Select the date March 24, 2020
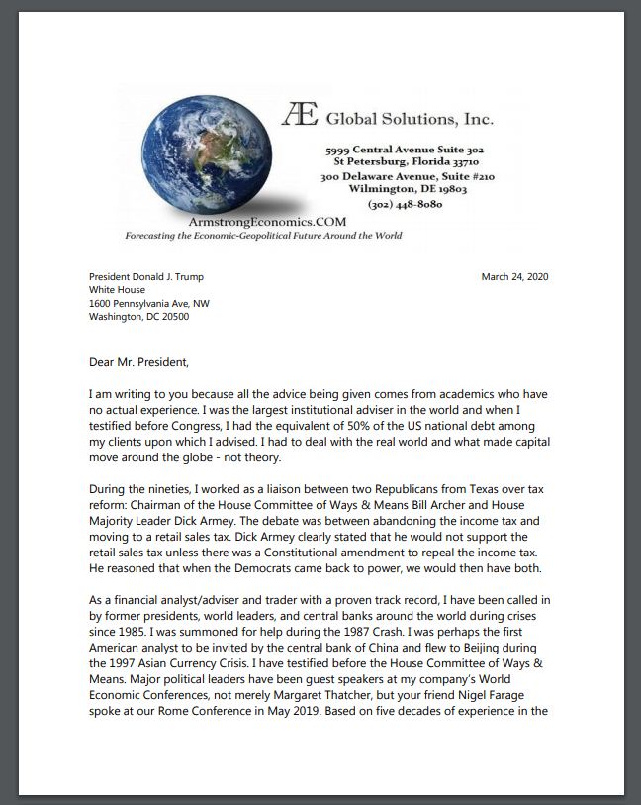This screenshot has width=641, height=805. (514, 276)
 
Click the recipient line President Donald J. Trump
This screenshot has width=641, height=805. (146, 276)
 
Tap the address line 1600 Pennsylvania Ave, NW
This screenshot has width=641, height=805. (149, 303)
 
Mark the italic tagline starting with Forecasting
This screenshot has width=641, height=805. (263, 236)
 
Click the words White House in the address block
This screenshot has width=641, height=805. (117, 290)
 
